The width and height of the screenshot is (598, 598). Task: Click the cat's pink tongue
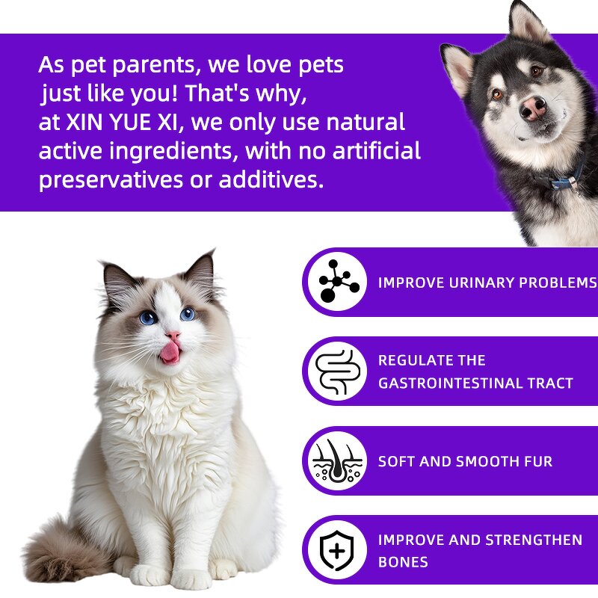pos(170,352)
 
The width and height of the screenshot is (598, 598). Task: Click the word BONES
pos(403,562)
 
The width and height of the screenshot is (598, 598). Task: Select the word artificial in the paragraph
pos(376,152)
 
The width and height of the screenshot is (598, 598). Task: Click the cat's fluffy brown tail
pos(52,549)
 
